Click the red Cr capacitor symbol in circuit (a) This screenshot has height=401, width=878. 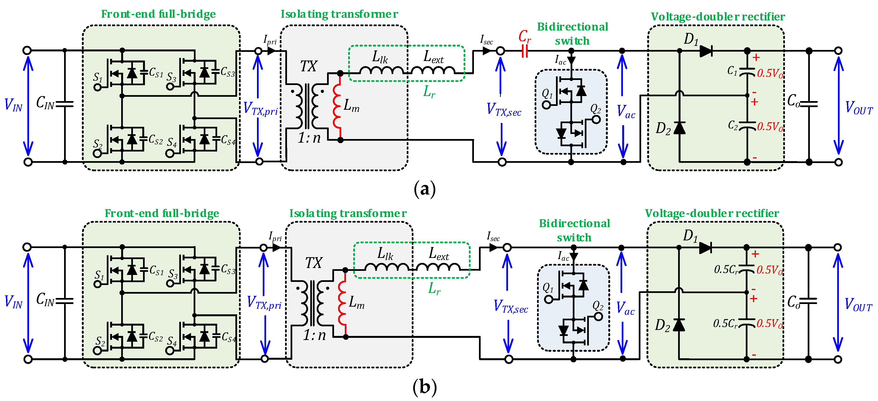[x=525, y=51]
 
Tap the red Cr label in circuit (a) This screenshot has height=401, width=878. [x=525, y=36]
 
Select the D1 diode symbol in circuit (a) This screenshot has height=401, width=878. [x=705, y=51]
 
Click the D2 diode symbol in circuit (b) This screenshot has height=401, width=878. [x=679, y=325]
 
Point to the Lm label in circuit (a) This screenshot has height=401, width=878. [x=351, y=105]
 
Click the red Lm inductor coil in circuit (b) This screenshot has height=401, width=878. [x=342, y=304]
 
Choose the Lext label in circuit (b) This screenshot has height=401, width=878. [x=438, y=254]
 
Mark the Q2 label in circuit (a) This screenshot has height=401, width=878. [x=595, y=109]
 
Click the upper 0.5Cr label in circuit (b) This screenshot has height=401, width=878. [x=726, y=270]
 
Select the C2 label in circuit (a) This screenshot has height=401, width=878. [x=733, y=126]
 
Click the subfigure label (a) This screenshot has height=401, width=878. [x=424, y=188]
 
